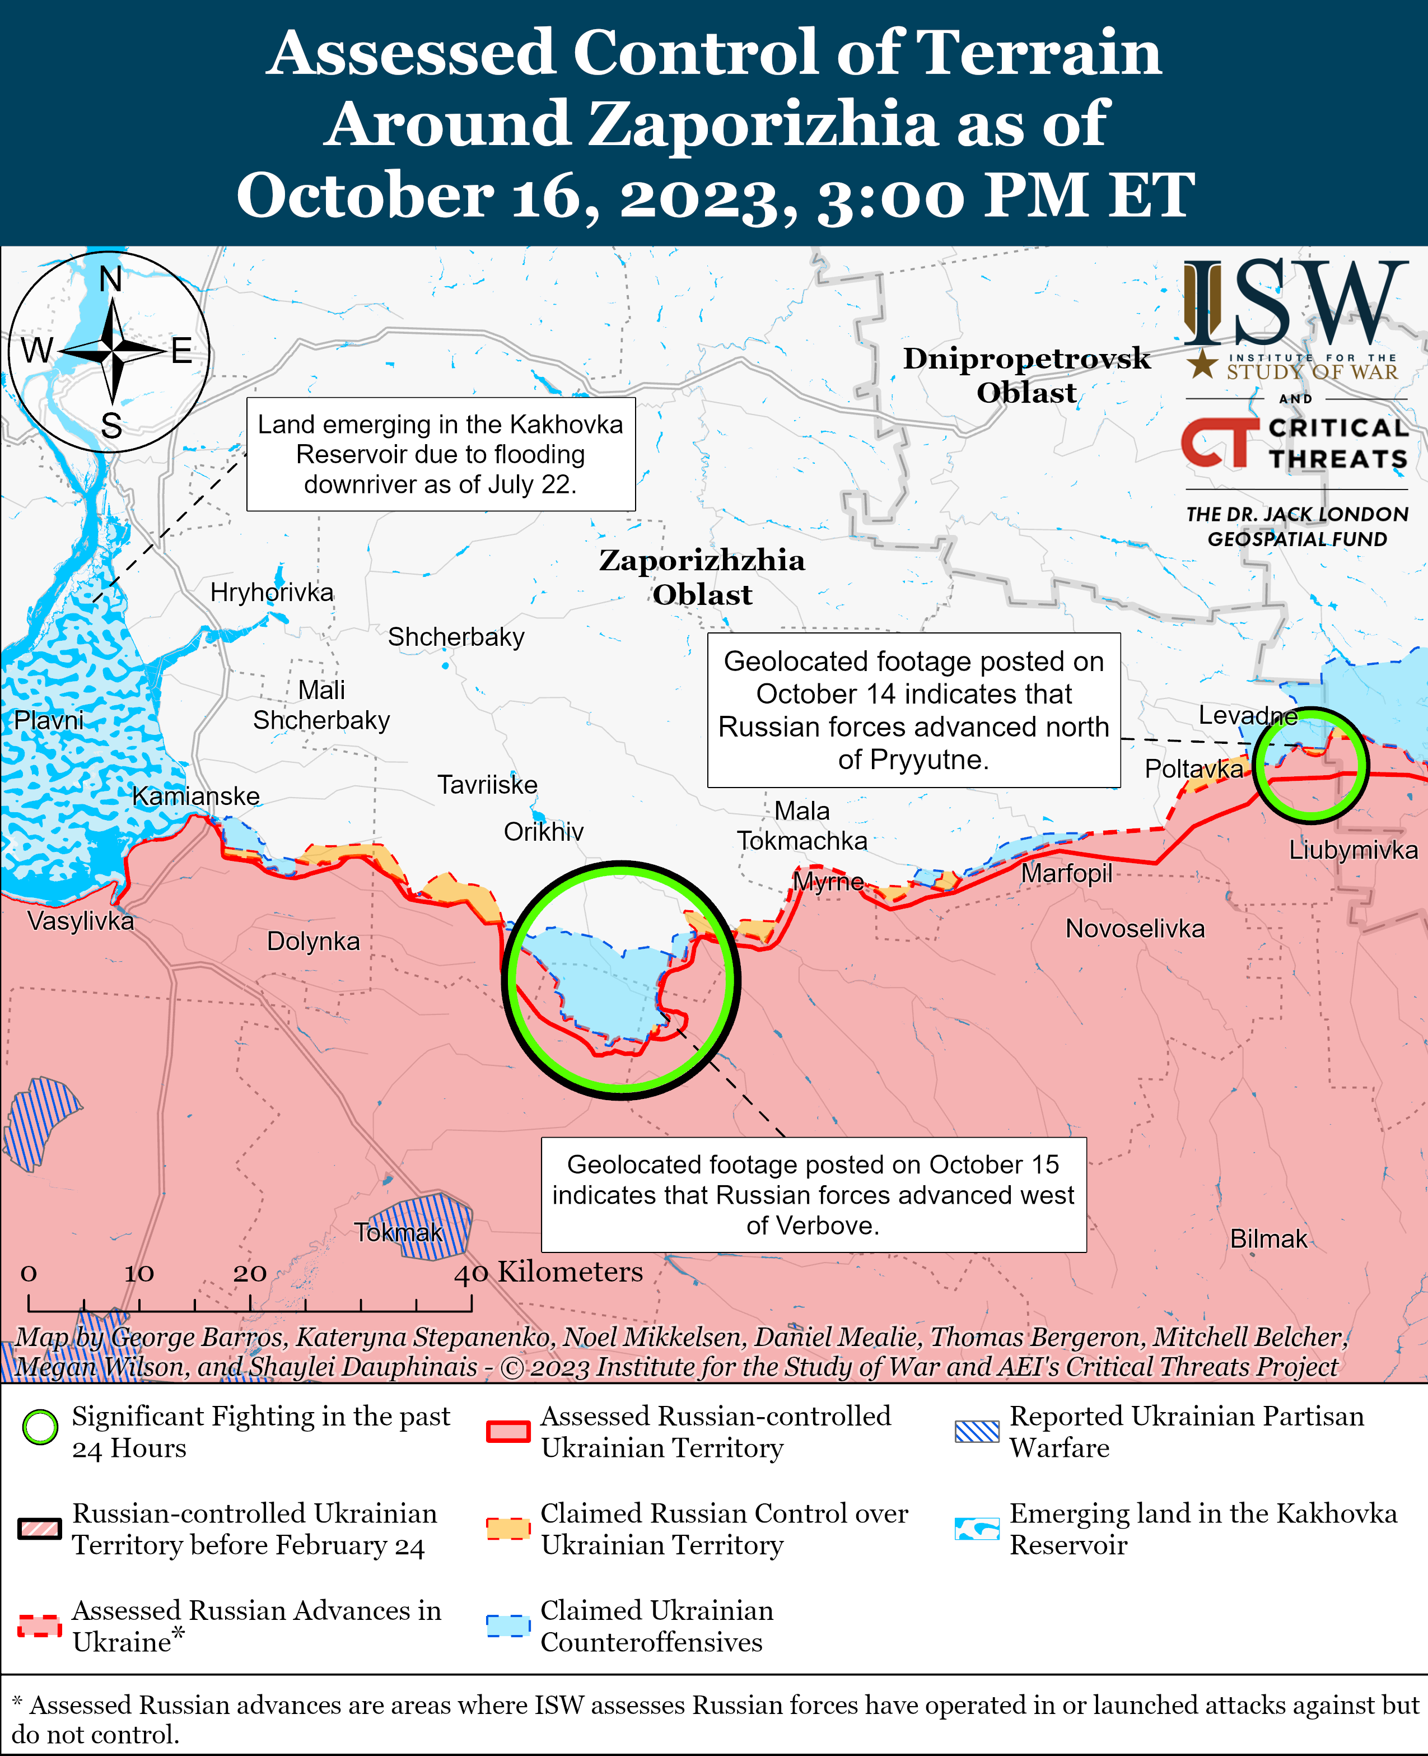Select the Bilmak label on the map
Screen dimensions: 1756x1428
pos(1268,1238)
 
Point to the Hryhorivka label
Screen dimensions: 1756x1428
pos(272,593)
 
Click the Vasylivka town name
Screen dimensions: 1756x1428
pos(81,921)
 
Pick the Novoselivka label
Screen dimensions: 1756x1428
pos(1135,929)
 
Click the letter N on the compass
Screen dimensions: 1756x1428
pos(110,280)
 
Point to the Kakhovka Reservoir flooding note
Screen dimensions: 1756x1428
pos(440,454)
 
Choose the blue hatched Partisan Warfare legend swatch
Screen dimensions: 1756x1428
pos(977,1432)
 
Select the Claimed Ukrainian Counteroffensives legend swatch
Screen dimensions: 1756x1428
pos(507,1626)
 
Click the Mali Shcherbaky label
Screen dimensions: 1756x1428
pos(321,705)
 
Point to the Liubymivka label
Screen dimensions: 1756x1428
pos(1352,850)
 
